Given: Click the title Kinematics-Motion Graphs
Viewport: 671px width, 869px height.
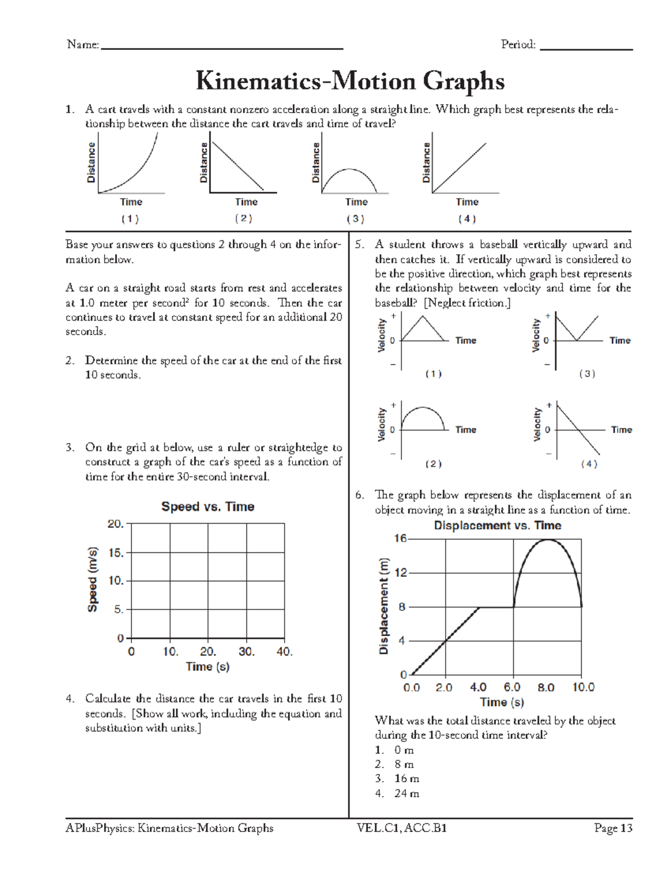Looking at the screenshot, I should click(350, 81).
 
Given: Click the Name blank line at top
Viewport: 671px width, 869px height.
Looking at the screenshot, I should click(221, 49).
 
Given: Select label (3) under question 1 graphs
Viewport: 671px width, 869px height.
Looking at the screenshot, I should click(355, 219).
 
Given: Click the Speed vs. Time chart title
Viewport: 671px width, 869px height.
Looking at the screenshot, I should click(207, 506).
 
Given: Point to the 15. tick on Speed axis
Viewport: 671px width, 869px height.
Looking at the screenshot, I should click(116, 553).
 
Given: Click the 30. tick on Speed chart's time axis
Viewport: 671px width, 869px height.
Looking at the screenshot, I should click(246, 652).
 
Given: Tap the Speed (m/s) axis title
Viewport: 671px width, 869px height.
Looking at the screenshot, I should click(93, 579).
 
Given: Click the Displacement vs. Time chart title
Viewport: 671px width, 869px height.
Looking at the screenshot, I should click(497, 525).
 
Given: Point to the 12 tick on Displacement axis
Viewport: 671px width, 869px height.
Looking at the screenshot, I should click(401, 573).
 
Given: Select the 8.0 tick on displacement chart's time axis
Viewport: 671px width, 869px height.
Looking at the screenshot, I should click(546, 687).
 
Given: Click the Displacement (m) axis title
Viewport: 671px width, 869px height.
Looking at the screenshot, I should click(384, 606).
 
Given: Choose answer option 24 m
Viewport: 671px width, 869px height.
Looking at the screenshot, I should click(406, 793).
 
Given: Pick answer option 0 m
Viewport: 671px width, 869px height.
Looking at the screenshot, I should click(404, 750).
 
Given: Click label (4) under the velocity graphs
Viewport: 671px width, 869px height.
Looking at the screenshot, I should click(589, 464).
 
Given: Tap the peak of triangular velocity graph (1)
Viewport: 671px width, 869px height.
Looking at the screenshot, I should click(423, 316).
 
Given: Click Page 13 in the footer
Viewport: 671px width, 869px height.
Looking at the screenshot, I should click(613, 828).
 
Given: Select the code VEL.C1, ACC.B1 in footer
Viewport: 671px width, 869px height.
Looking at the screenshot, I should click(401, 828).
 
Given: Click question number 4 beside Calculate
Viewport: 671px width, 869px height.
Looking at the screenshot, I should click(69, 699).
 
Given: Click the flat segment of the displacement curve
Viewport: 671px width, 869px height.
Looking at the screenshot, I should click(496, 607).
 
